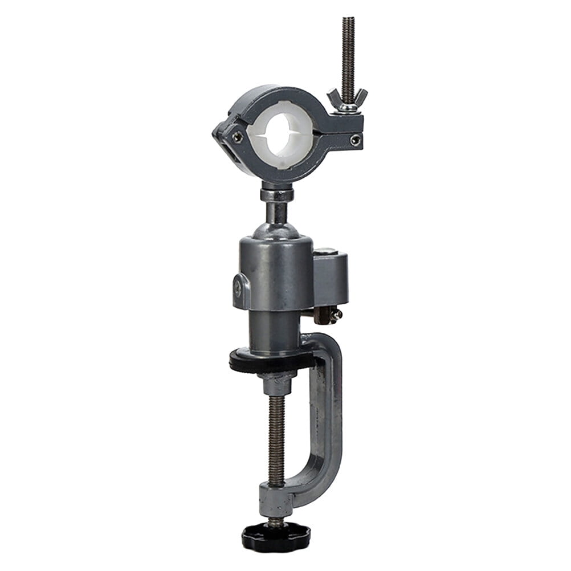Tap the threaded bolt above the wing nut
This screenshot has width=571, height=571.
[348, 51]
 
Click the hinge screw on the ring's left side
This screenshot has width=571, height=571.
[237, 137]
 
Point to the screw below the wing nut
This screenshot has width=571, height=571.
[355, 140]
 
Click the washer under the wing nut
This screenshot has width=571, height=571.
[346, 109]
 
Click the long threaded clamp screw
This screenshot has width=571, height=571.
[277, 439]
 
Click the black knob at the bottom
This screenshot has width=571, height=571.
[276, 536]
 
